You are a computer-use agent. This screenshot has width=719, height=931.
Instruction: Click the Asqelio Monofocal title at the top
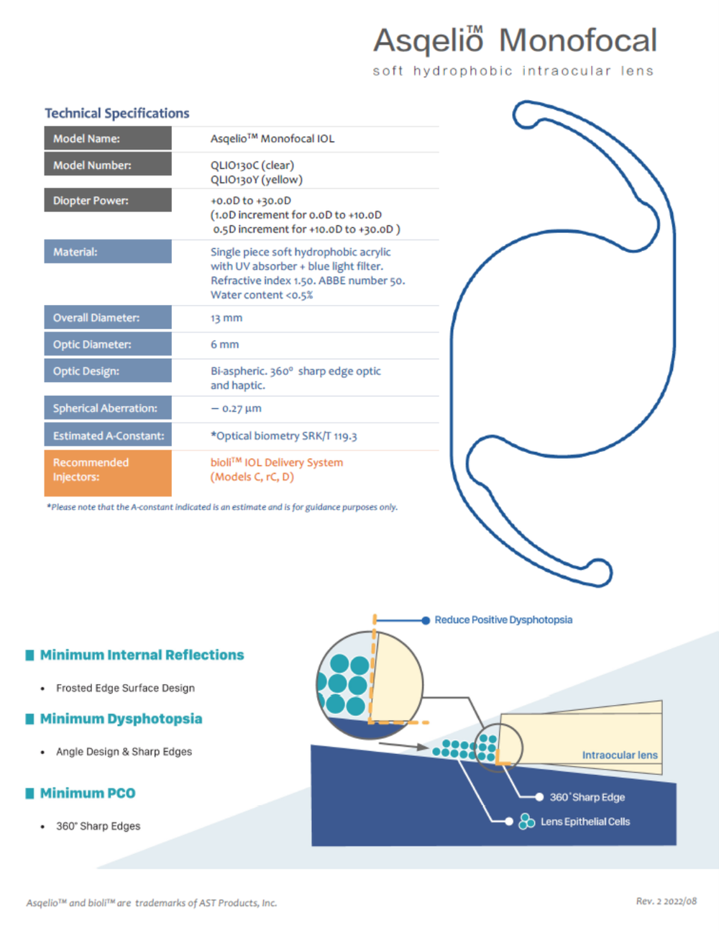click(x=515, y=41)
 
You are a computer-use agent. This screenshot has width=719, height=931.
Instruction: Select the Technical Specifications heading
click(x=117, y=113)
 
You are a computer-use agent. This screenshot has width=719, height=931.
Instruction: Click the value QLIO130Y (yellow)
click(x=256, y=180)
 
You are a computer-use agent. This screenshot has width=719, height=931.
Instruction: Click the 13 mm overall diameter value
click(x=226, y=318)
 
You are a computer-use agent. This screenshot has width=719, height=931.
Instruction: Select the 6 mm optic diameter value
click(x=224, y=345)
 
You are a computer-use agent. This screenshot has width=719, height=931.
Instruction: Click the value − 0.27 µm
click(x=236, y=409)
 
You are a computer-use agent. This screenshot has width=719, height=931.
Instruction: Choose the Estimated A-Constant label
click(x=108, y=435)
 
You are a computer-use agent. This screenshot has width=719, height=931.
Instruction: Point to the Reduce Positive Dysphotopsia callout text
click(x=503, y=619)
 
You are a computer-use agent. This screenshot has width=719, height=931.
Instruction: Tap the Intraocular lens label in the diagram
click(x=620, y=755)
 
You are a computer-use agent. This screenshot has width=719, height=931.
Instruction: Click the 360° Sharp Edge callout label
click(x=587, y=797)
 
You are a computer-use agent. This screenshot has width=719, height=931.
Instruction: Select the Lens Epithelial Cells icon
click(x=527, y=821)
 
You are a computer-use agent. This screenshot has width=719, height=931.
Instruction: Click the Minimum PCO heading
click(x=87, y=793)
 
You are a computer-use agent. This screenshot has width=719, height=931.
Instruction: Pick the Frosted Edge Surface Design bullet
click(x=125, y=688)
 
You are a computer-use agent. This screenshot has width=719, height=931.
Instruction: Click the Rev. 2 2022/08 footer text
click(x=666, y=901)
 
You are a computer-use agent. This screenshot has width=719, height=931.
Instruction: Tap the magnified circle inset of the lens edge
click(x=370, y=684)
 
